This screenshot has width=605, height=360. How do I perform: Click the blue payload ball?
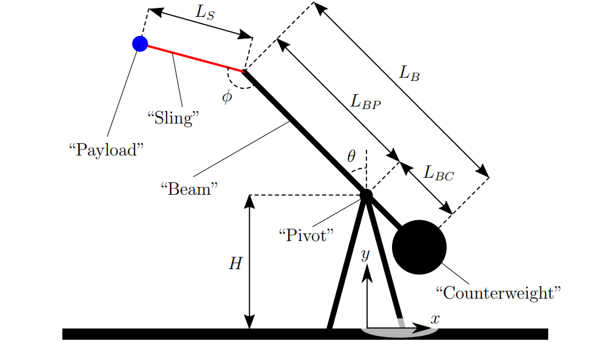click(x=140, y=44)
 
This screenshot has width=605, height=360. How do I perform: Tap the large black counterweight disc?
click(x=419, y=248)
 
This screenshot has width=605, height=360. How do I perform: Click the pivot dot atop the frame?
click(x=366, y=195)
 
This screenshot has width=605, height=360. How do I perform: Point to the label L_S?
click(x=205, y=14)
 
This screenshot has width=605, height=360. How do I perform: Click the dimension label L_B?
click(x=410, y=74)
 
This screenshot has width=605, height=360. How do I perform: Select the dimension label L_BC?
click(x=438, y=173)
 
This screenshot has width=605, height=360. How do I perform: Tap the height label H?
click(x=235, y=263)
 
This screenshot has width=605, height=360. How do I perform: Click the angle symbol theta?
click(x=352, y=156)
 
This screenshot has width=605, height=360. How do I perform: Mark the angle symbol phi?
click(x=227, y=98)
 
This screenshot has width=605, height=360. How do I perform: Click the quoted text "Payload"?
click(x=106, y=150)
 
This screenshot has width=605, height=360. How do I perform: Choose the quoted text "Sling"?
click(x=172, y=118)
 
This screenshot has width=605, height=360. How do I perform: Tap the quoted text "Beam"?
click(x=189, y=189)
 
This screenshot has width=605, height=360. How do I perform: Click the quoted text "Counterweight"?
click(x=498, y=292)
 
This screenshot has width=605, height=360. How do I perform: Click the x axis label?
click(x=435, y=319)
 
